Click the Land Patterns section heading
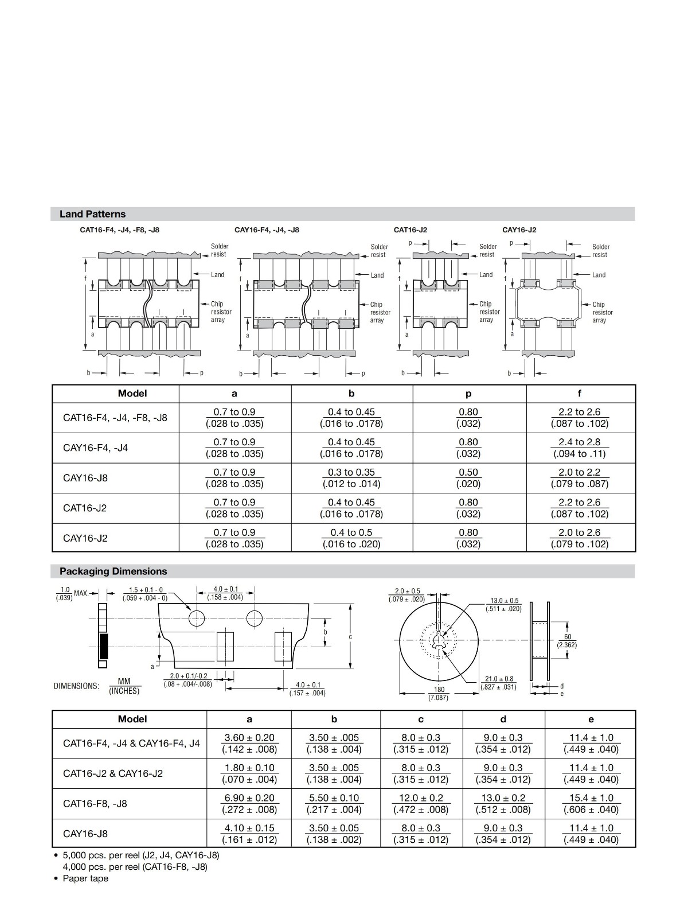[92, 214]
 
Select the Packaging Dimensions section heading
[113, 571]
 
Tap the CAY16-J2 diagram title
[519, 230]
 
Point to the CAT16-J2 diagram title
[410, 230]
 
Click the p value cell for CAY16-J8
[468, 478]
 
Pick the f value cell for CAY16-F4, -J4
[579, 448]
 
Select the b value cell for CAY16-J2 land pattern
[351, 538]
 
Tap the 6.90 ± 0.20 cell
[249, 803]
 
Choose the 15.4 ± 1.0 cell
[591, 803]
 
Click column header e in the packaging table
[591, 719]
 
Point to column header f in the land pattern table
[579, 393]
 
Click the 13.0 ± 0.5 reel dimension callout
[505, 604]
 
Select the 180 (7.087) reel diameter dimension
[439, 693]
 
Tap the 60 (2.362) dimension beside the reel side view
[567, 641]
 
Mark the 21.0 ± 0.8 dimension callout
[499, 683]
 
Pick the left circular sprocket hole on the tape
[197, 619]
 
